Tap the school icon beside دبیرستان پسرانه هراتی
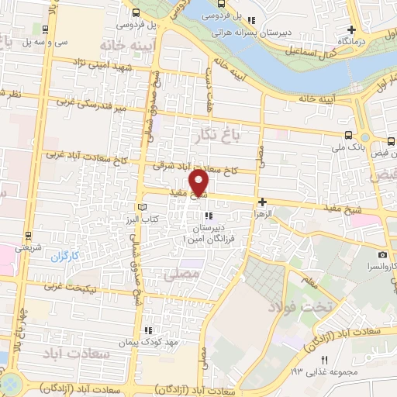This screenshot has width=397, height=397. tap(264, 22)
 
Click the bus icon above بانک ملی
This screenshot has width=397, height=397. tap(358, 133)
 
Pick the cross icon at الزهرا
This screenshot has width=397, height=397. tap(263, 201)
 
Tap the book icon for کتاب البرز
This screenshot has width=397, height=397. tap(141, 208)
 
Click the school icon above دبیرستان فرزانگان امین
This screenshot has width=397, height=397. tap(207, 216)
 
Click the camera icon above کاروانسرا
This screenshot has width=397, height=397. tap(381, 254)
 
